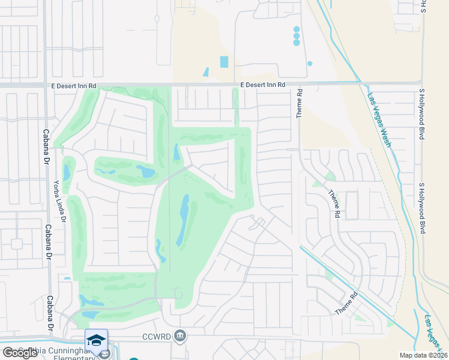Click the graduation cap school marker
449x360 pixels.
click(x=96, y=340)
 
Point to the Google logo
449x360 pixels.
click(x=20, y=353)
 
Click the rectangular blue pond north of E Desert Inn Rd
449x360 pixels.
click(x=224, y=61)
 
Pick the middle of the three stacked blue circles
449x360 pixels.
click(x=296, y=36)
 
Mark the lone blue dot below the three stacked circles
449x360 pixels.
click(x=310, y=63)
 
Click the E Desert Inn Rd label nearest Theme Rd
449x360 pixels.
click(x=263, y=85)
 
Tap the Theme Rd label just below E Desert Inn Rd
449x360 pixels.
click(x=299, y=104)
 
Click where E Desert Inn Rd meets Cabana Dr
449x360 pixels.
click(x=46, y=86)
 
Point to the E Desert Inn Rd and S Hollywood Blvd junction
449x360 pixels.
click(x=422, y=83)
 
